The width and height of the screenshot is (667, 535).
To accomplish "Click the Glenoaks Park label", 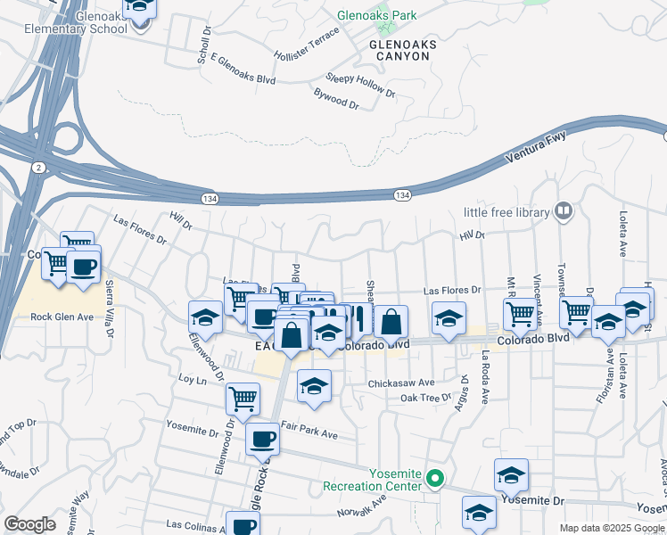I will (377, 16).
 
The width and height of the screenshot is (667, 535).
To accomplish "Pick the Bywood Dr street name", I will (336, 98).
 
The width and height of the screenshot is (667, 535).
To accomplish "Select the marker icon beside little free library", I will (563, 211).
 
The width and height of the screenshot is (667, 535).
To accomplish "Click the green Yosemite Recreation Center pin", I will (435, 478).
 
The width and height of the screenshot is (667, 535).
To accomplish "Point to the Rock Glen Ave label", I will (62, 317).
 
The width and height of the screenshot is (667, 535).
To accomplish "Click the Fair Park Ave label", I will (309, 434).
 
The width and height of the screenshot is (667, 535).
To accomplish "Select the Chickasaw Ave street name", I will (401, 383).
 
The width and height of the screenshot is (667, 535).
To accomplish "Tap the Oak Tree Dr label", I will (427, 398).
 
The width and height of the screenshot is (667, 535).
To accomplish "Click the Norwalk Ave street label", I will (364, 511).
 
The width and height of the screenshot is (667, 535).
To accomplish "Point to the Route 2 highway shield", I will (37, 167).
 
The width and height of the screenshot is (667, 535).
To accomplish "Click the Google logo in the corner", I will (30, 524).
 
